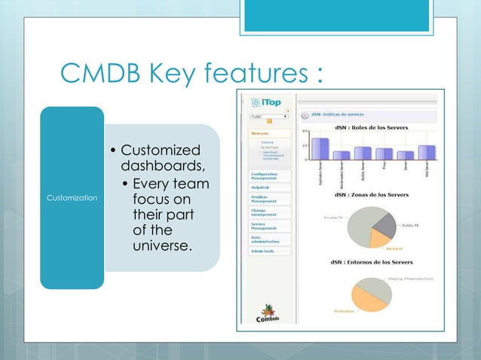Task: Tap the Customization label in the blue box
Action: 72,197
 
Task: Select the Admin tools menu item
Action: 263,251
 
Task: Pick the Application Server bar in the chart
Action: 320,148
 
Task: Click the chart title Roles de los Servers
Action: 372,128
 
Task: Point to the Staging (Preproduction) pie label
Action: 411,278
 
